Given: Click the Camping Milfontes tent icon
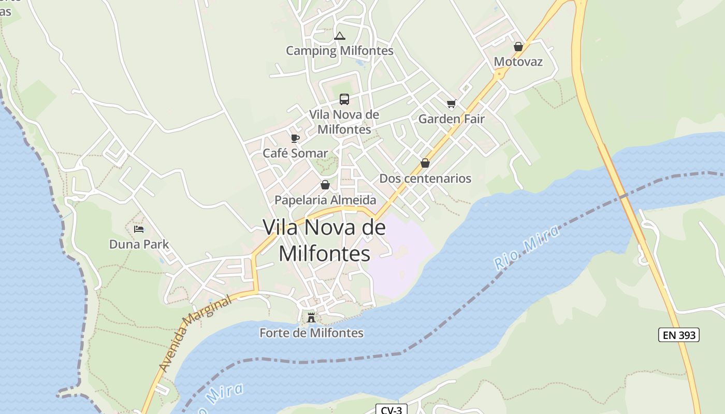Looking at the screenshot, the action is coord(339,36).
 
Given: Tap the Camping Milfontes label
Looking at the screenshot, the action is coord(340,51).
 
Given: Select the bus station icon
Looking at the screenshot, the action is coord(344,99).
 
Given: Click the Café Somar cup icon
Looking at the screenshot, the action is coord(295,138).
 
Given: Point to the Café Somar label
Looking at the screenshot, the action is coord(295,153).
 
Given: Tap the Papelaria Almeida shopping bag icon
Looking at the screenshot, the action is coord(325,185).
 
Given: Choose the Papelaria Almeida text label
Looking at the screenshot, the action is coord(325,200).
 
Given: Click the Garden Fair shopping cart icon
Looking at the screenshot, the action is coord(451,104).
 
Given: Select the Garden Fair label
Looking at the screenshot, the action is coord(452,119).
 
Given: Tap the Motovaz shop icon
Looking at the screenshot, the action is coord(518,47).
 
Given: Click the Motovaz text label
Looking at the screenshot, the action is coord(518,62).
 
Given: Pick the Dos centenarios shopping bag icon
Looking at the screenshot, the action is coord(425,163).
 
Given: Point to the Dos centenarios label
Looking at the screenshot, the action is coord(425,179).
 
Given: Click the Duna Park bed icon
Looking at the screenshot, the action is coord(139,229).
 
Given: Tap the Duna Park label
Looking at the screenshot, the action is coord(139,244).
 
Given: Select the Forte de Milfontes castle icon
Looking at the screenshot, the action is coord(311,317).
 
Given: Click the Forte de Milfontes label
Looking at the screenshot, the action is coord(311,333).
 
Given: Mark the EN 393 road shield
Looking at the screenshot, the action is coord(678,335).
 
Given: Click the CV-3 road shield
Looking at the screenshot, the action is coord(391,410).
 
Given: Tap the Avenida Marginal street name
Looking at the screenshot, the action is coord(195,334).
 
